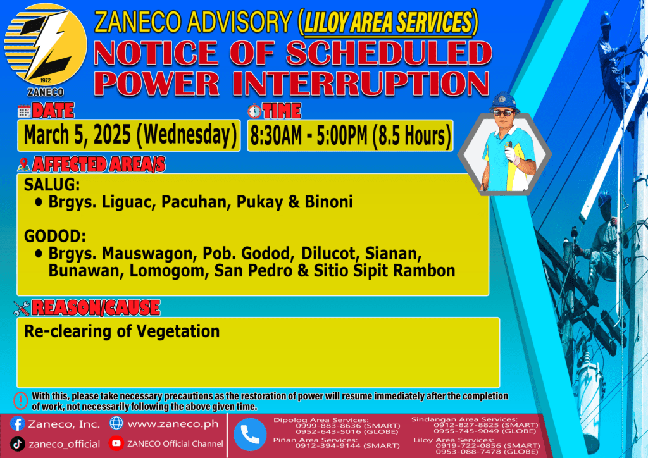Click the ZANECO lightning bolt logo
coord(46,45)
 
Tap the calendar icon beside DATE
coord(24,111)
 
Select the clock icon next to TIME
coord(254,111)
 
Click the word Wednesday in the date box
coord(187,135)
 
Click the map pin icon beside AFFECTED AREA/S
coord(23,164)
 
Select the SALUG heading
coord(52,185)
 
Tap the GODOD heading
coord(55,236)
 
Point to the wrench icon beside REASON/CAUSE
coord(22,308)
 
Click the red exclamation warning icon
coord(21,400)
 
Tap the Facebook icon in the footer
coord(17,424)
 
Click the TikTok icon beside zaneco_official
coord(17,444)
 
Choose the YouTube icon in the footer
coord(116,443)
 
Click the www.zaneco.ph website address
coord(173,424)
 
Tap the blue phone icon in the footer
coord(250,435)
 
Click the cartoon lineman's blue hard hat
coord(504,102)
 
